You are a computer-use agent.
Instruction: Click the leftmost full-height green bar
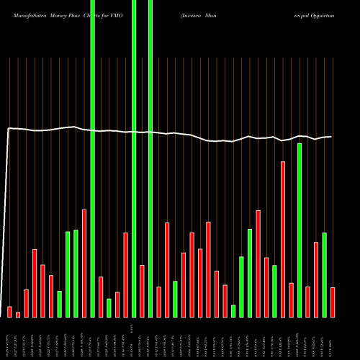[93, 158]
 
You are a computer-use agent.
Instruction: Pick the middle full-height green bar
[134, 158]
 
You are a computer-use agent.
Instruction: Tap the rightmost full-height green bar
[150, 158]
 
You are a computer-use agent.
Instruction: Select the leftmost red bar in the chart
[10, 311]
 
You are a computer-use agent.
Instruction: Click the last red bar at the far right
[333, 302]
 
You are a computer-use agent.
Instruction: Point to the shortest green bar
[233, 310]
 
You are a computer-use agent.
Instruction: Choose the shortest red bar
[18, 314]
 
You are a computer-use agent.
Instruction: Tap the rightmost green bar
[325, 274]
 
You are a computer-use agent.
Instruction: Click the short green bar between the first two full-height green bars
[109, 307]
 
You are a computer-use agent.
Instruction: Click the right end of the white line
[331, 137]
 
